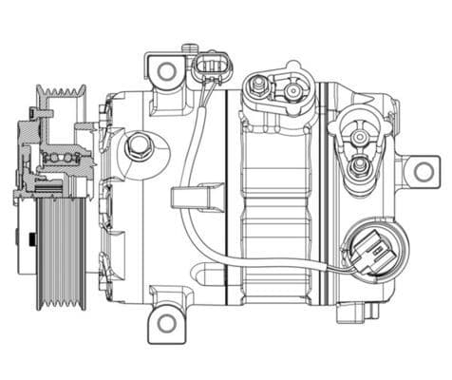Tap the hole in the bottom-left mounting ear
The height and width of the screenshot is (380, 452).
click(167, 322)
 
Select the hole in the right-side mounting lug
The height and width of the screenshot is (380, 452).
click(420, 172)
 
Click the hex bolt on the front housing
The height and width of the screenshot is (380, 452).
click(141, 145)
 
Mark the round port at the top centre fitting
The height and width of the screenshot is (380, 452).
click(287, 89)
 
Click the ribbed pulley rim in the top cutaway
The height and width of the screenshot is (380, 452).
click(63, 96)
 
